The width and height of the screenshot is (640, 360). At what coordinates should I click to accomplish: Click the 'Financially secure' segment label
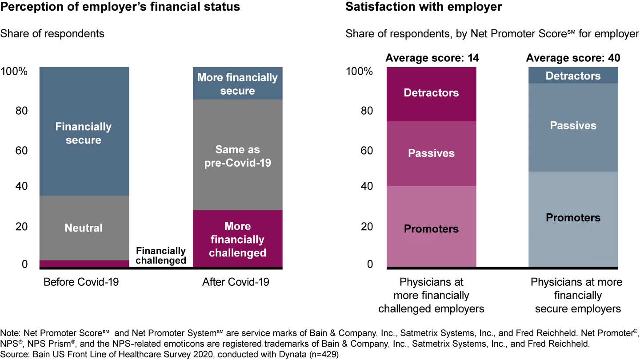point(84,133)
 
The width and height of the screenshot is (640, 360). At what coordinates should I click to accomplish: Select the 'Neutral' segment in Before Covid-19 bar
point(84,228)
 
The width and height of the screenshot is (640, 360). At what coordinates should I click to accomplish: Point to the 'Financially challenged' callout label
point(160,256)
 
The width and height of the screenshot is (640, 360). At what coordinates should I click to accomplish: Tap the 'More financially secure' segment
point(237,84)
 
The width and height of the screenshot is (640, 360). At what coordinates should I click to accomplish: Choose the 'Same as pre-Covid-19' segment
point(237,156)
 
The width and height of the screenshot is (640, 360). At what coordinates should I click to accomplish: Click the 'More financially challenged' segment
point(237,240)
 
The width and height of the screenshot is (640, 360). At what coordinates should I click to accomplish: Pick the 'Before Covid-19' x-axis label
point(81,282)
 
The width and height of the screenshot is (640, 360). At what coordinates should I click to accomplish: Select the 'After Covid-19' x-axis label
point(236,282)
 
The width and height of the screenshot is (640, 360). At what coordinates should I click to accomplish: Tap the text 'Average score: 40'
point(573,58)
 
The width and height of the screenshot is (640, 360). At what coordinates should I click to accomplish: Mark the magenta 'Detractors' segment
point(431,93)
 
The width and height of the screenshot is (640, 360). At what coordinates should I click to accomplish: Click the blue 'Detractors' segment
point(573,76)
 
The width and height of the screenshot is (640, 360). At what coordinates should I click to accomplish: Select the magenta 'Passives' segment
point(431,153)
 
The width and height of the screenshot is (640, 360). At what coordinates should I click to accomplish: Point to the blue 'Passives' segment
point(573,126)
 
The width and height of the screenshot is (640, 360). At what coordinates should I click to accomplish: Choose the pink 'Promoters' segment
point(431,229)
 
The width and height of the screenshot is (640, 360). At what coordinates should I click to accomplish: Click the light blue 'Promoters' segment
point(573,218)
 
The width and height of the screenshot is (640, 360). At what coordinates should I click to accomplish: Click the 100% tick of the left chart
point(14,71)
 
